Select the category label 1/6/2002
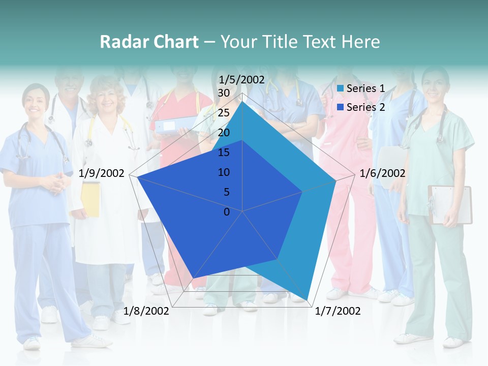pyautogui.click(x=382, y=174)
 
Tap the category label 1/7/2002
pyautogui.click(x=338, y=311)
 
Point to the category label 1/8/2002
pyautogui.click(x=146, y=311)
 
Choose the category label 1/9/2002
pyautogui.click(x=102, y=174)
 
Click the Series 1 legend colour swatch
pyautogui.click(x=341, y=89)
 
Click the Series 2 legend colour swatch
pyautogui.click(x=341, y=107)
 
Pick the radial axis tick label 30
pyautogui.click(x=224, y=93)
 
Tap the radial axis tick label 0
pyautogui.click(x=227, y=212)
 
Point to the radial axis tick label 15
pyautogui.click(x=224, y=152)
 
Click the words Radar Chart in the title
pyautogui.click(x=149, y=42)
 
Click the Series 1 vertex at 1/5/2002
pyautogui.click(x=242, y=101)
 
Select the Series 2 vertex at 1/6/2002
pyautogui.click(x=302, y=192)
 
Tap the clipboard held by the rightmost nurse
pyautogui.click(x=450, y=204)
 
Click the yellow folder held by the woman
pyautogui.click(x=90, y=199)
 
